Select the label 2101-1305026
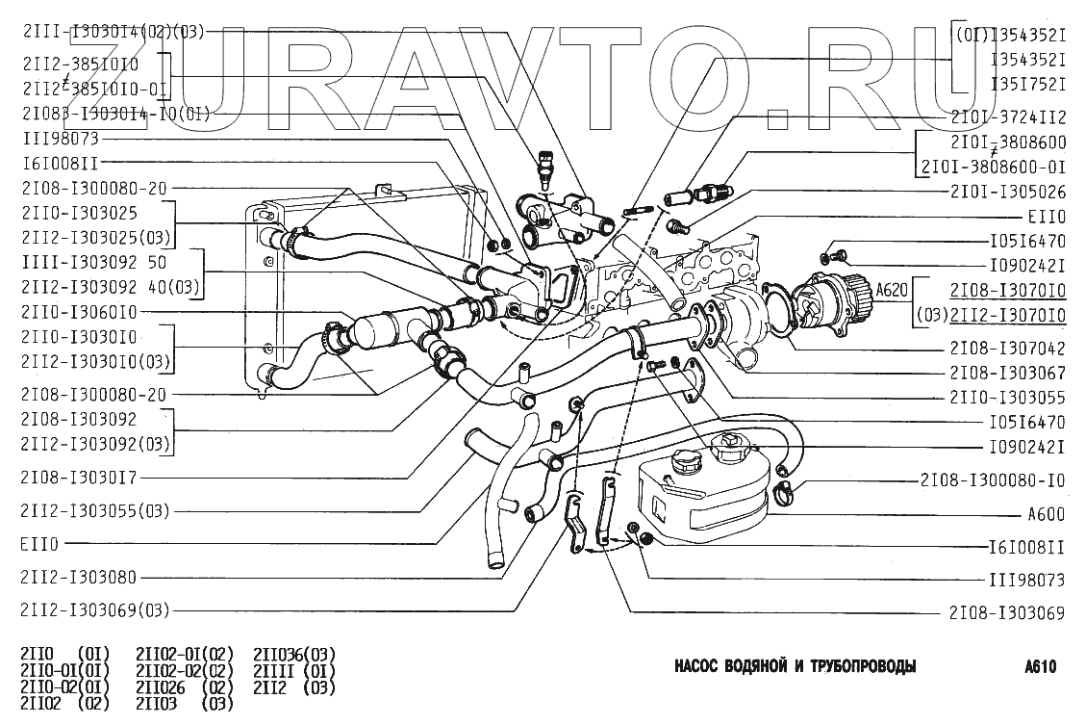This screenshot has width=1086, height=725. [1007, 191]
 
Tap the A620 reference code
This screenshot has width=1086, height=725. [891, 288]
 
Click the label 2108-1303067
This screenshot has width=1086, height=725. [1007, 371]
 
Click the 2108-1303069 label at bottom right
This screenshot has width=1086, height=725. [1007, 610]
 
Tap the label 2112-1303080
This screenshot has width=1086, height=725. [78, 577]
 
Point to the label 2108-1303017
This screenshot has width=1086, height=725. [78, 477]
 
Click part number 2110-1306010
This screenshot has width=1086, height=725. [78, 311]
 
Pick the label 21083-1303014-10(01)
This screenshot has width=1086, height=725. [114, 113]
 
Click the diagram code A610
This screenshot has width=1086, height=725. [1042, 667]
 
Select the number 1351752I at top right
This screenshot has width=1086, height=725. [1028, 83]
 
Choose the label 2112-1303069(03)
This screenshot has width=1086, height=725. [94, 609]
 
